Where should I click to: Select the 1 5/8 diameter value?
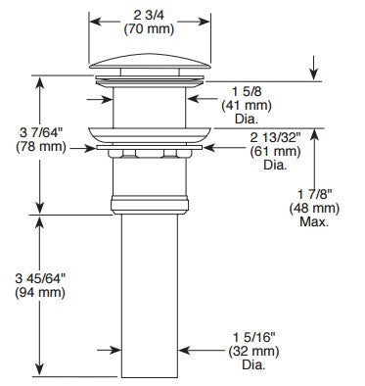237,91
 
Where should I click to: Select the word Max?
316,222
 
